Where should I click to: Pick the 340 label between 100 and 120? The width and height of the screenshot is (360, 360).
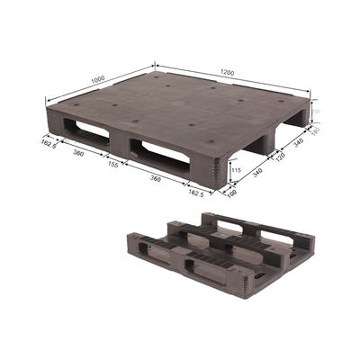[256, 172]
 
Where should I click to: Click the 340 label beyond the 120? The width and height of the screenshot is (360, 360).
[299, 141]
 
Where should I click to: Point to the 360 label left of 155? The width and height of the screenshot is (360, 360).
[78, 155]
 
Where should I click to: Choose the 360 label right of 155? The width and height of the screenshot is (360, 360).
[158, 180]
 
